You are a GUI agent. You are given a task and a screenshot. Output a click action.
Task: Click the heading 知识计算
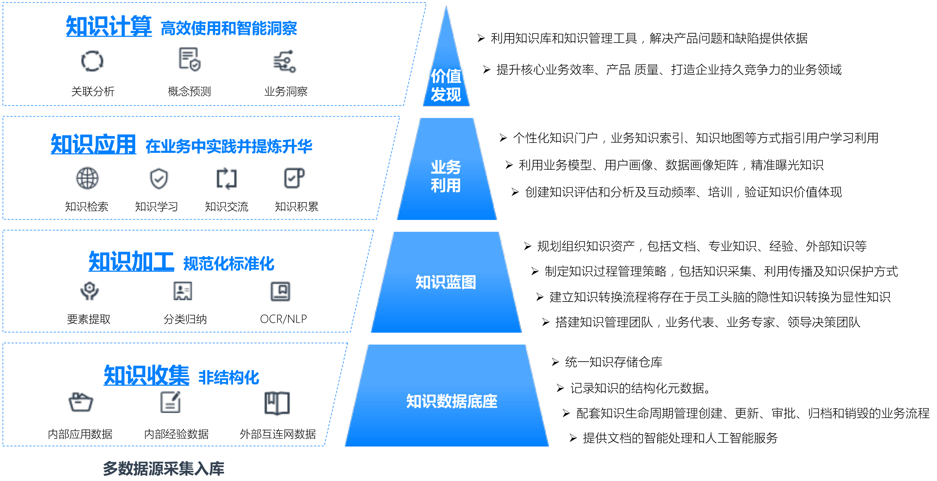[109, 26]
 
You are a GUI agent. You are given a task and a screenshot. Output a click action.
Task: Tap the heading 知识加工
[131, 261]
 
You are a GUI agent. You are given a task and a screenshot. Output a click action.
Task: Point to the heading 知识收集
[146, 375]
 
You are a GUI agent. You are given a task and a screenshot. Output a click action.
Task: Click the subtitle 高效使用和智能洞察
[229, 28]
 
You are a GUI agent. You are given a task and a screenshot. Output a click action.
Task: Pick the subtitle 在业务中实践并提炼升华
[229, 146]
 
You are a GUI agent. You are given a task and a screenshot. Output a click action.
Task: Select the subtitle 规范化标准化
[229, 263]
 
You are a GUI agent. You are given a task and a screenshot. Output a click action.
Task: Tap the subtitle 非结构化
[229, 377]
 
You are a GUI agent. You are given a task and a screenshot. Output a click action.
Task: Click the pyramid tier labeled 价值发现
[446, 86]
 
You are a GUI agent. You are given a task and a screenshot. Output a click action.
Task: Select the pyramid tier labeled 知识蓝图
[446, 282]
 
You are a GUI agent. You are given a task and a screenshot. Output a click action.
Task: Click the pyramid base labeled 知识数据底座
[451, 401]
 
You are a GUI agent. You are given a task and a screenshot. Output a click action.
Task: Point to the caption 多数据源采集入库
[163, 469]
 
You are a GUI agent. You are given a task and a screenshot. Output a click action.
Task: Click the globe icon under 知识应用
[87, 178]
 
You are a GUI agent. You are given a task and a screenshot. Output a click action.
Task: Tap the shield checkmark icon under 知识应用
[159, 179]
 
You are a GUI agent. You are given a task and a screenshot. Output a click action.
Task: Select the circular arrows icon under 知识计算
[92, 61]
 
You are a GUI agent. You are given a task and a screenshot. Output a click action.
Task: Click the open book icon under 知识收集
[277, 403]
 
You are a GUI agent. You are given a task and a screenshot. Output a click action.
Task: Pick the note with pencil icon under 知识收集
[171, 402]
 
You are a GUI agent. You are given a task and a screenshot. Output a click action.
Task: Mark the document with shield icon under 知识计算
[189, 59]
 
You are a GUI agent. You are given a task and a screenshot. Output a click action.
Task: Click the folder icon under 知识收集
[81, 402]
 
